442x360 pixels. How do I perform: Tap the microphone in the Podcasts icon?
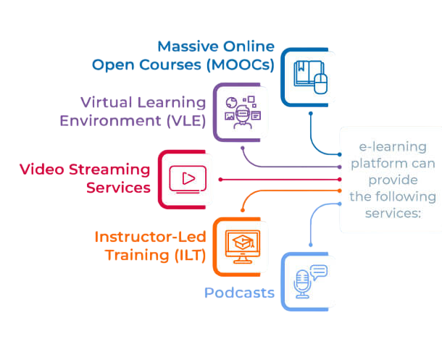[x=301, y=282]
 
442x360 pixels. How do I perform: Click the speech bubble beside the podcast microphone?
[x=319, y=272]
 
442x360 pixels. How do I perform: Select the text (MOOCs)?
[x=240, y=64]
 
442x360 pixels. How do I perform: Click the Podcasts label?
[x=239, y=293]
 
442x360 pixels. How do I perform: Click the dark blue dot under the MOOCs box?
[x=311, y=114]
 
